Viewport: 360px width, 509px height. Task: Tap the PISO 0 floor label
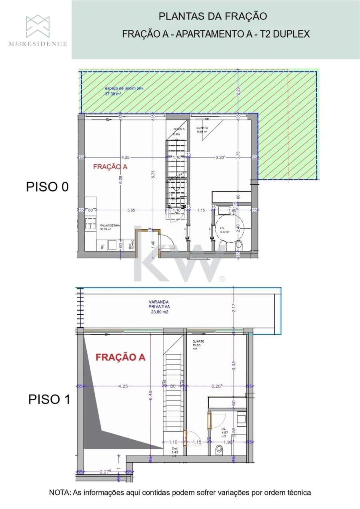click(47, 187)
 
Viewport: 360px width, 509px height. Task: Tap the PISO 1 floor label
click(49, 399)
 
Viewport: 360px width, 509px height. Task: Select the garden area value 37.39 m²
click(113, 94)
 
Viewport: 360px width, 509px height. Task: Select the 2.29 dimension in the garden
click(238, 91)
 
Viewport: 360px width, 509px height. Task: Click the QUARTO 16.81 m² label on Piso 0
click(202, 130)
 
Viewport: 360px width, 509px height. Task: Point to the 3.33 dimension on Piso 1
click(234, 365)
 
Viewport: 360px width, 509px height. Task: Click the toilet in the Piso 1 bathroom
click(218, 450)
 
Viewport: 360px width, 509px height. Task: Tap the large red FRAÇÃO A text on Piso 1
click(120, 357)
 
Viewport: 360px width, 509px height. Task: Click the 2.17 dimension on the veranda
click(234, 309)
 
